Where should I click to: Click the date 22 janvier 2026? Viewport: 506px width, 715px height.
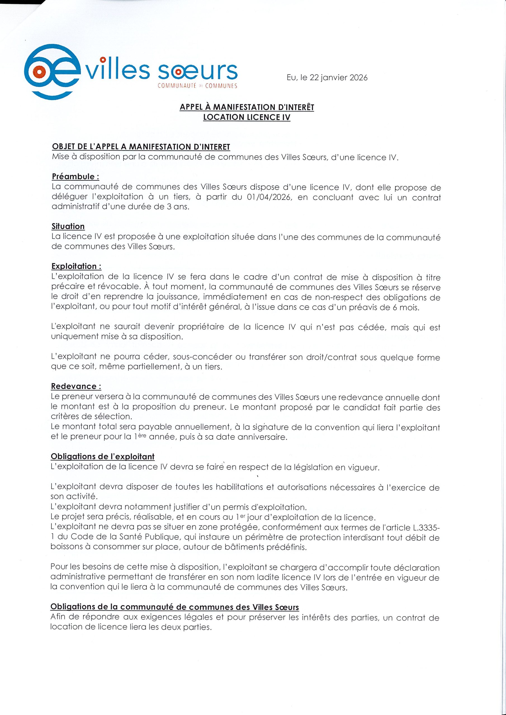coord(338,78)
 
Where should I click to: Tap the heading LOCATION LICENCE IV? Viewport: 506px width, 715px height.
coord(247,117)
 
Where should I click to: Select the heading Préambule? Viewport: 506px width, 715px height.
coord(75,177)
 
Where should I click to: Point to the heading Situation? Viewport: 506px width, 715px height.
coord(68,227)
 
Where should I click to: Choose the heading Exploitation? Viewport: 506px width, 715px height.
coord(76,266)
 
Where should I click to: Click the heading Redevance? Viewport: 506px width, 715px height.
coord(76,387)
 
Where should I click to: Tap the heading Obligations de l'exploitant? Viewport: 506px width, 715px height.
coord(103,457)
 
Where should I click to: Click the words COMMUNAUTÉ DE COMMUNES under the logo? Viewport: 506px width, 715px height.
coord(198,86)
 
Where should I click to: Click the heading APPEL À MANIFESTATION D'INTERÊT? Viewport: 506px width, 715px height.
coord(247,107)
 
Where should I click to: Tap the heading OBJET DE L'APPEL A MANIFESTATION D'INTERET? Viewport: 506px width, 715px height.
coord(141,147)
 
